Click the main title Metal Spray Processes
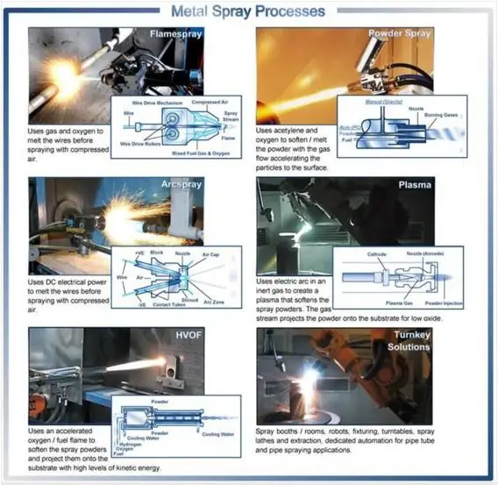247,11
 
